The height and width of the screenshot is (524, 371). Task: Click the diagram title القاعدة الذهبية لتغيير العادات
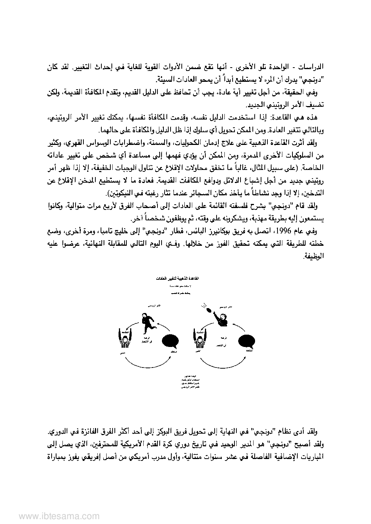[x=185, y=279]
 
